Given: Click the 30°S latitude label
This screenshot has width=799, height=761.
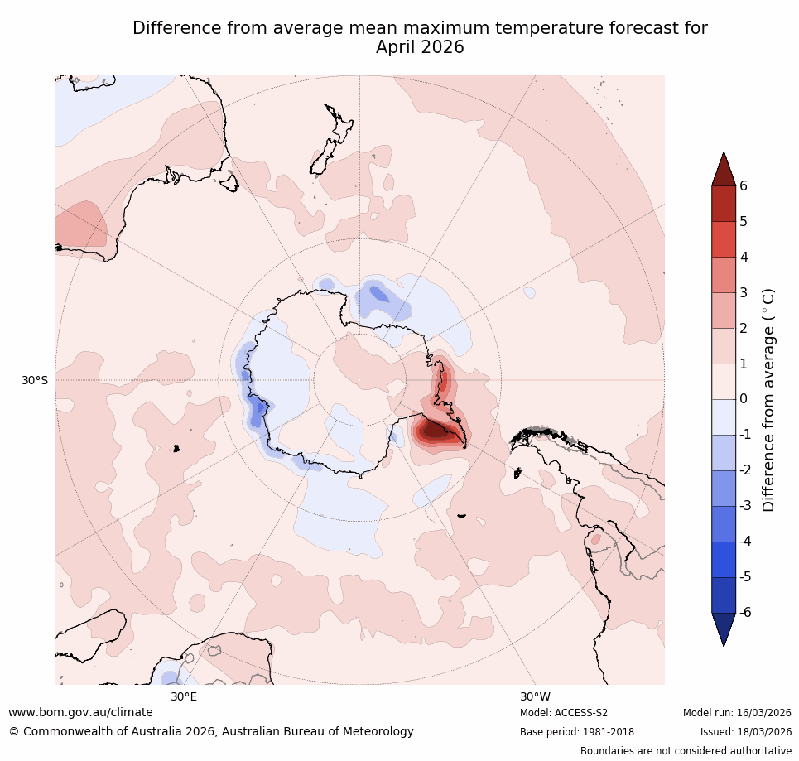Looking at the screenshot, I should pos(35,380).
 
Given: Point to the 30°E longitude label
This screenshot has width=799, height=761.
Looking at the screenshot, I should pos(184,696).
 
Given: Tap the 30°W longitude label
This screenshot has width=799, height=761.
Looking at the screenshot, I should pos(535,696).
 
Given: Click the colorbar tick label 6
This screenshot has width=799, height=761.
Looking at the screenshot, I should pos(744,185).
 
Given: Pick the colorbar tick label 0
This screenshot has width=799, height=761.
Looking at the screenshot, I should pos(744,399).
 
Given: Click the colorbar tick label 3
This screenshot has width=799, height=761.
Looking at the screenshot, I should pos(744,292).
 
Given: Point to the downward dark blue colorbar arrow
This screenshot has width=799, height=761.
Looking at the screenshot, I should pos(724,629).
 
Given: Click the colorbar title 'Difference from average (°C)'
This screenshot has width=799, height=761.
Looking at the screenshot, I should pos(768,399).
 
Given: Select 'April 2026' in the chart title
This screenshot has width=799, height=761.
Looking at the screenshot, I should pos(420,48).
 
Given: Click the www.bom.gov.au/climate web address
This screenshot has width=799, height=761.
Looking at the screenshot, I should pos(80,712).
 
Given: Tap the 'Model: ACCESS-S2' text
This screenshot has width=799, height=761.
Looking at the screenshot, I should pos(564,713).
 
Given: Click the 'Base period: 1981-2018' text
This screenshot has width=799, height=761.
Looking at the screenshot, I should pos(576,732).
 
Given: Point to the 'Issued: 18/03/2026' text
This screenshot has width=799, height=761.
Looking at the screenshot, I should pos(745,732).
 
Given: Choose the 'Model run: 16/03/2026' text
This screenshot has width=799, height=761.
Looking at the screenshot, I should pos(737,713).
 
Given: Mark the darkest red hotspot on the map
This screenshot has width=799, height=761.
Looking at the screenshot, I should pos(432,429).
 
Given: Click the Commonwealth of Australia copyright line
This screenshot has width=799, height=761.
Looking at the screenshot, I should pos(211,731).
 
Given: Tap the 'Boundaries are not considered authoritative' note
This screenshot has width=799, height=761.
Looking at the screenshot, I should pos(686,751).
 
